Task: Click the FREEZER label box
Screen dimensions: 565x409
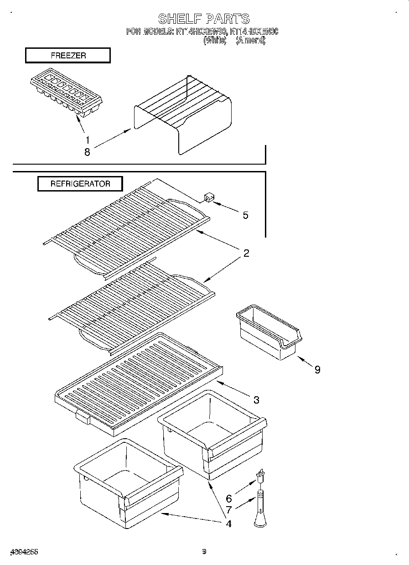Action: point(67,56)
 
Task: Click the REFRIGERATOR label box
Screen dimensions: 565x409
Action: point(80,184)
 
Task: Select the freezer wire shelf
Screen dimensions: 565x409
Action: point(182,114)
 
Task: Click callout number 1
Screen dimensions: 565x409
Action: point(87,140)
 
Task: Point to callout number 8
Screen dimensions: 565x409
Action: point(87,152)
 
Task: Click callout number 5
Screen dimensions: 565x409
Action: point(245,215)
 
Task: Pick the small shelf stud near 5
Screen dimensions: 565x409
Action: point(209,197)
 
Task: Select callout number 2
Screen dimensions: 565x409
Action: point(246,254)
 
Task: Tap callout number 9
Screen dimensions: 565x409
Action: point(317,369)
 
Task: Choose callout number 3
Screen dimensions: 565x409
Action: point(256,400)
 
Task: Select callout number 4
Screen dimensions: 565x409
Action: point(228,524)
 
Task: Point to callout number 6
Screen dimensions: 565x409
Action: point(229,499)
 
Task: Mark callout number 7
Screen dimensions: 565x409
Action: point(229,510)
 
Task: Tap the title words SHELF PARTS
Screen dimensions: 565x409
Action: point(204,19)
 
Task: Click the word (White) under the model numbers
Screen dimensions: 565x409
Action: point(215,40)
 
